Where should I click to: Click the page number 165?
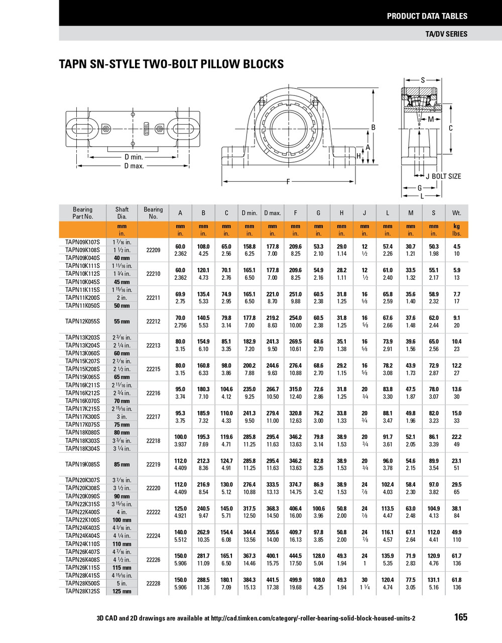[460, 617]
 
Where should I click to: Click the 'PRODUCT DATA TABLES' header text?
[427, 16]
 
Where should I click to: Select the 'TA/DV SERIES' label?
[446, 34]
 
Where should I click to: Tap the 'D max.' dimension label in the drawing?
[134, 166]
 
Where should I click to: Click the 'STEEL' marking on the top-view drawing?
[147, 129]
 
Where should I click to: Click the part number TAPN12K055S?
[82, 321]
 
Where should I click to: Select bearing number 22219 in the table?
[153, 465]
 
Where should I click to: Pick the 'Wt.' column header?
[456, 213]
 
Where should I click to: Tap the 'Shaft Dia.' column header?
[122, 213]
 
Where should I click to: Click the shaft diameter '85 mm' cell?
[122, 465]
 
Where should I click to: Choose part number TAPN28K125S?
[82, 591]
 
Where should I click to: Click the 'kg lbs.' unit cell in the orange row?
[456, 230]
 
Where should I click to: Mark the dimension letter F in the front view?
[288, 181]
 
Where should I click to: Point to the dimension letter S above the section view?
[423, 80]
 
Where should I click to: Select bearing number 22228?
[153, 584]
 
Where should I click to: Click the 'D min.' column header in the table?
[249, 213]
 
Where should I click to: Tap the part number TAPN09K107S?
[82, 242]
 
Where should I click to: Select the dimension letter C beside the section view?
[450, 128]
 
